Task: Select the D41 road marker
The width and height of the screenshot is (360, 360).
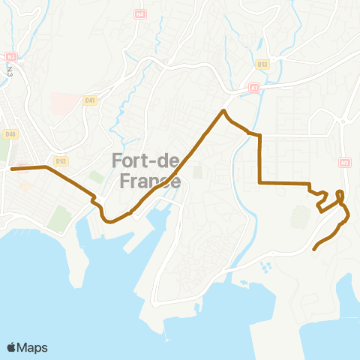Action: pos(91,99)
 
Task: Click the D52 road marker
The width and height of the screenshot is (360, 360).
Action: pos(61,160)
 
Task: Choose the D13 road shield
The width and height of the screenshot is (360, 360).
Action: pos(262,64)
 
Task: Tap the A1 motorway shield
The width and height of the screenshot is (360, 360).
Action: pos(253,88)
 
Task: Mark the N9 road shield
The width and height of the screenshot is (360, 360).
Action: pos(344,161)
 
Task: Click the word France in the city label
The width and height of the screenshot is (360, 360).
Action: pos(150,181)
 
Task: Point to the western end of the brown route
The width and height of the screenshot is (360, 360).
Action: pos(12,169)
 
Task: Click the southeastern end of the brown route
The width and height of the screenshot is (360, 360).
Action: pos(313,248)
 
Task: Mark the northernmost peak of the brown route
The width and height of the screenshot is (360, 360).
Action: pos(223,112)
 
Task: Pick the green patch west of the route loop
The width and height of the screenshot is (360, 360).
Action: pos(300,217)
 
